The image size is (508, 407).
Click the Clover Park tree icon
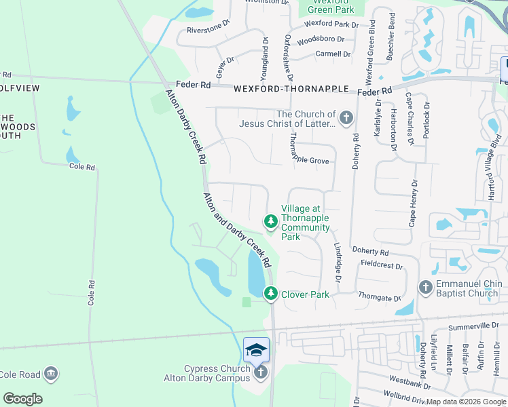[x=271, y=293]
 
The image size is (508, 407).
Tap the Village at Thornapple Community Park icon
[x=271, y=221]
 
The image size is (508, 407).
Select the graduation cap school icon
[x=256, y=349]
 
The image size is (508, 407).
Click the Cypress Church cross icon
[x=259, y=373]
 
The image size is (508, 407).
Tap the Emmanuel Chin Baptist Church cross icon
[x=426, y=288]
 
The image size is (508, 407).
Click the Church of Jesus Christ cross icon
[x=346, y=119]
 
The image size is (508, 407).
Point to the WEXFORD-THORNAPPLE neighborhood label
[x=291, y=89]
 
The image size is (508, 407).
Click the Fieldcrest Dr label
[x=382, y=265]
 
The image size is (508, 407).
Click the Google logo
[x=22, y=399]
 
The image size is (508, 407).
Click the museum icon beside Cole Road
[x=50, y=374]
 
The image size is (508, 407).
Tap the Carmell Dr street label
[x=333, y=54]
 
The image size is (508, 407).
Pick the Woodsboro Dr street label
[x=321, y=40]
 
